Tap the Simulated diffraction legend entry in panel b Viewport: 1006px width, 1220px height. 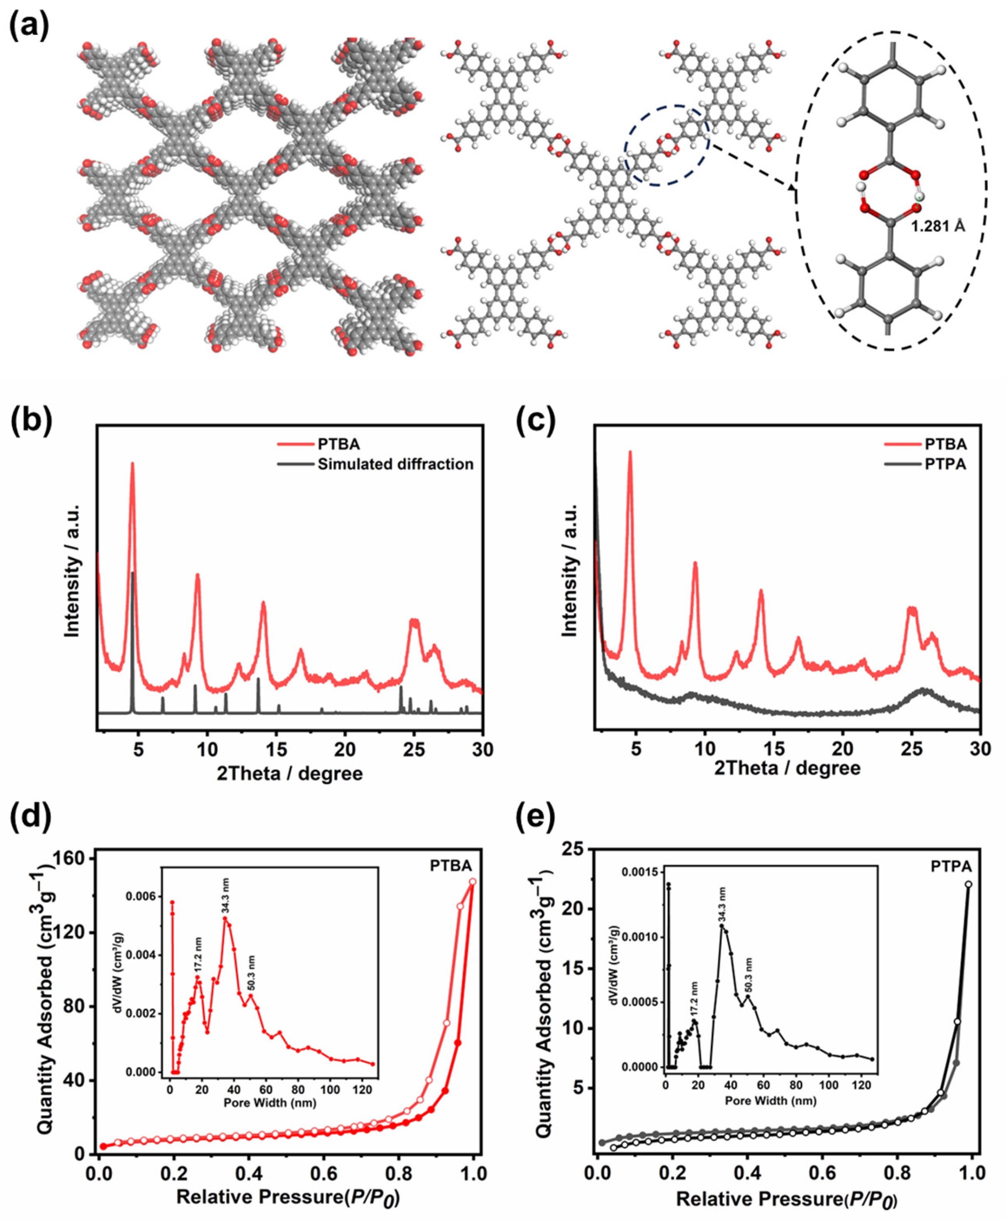click(x=395, y=464)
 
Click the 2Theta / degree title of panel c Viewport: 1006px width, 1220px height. click(x=788, y=768)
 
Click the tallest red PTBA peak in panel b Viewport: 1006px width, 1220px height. click(x=132, y=464)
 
